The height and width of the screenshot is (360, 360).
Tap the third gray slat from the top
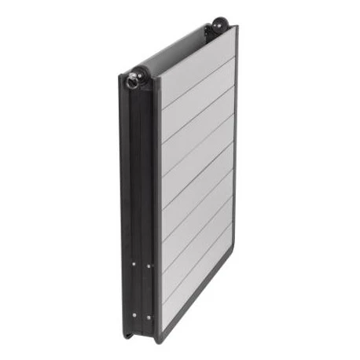point(197,130)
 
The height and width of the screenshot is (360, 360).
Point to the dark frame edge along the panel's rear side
point(235,157)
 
